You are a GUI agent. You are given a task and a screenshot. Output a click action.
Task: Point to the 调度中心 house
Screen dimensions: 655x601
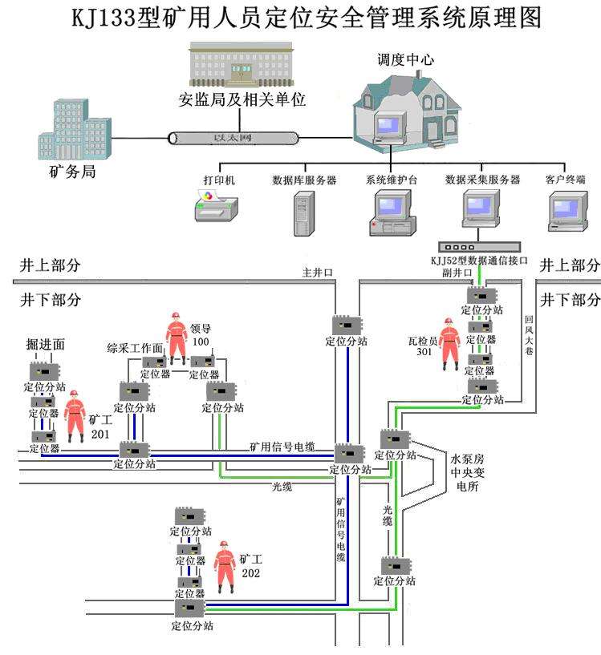coord(406,107)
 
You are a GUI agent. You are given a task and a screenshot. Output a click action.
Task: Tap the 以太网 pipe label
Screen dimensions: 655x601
coord(232,138)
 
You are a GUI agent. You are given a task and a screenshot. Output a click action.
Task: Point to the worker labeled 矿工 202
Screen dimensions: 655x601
coord(225,566)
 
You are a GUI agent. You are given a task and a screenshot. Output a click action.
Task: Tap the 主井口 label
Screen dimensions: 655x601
coord(317,273)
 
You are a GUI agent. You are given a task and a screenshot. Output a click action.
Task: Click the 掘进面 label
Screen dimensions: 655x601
coord(45,344)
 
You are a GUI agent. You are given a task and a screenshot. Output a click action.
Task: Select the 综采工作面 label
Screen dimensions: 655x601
coord(135,348)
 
